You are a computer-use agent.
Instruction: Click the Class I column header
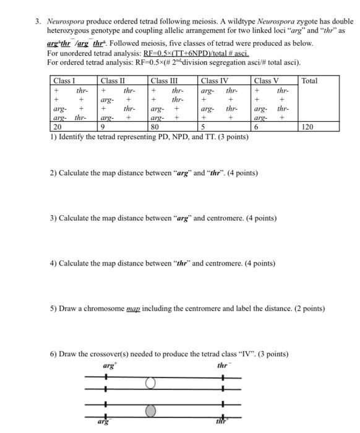[64, 81]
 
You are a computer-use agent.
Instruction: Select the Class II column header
[113, 81]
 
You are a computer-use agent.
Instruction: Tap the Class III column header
[164, 81]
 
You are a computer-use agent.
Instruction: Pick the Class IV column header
[215, 81]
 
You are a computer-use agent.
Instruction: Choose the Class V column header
[266, 81]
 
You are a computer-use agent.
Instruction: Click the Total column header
[311, 81]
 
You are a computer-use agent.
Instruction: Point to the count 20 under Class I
[58, 127]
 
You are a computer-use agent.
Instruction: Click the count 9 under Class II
[103, 127]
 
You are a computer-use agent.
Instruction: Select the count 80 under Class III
[155, 127]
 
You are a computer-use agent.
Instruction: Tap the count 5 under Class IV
[203, 127]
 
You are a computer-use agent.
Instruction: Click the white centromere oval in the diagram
[150, 384]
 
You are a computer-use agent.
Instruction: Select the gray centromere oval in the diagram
[150, 409]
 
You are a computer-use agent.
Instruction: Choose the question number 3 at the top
[38, 21]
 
